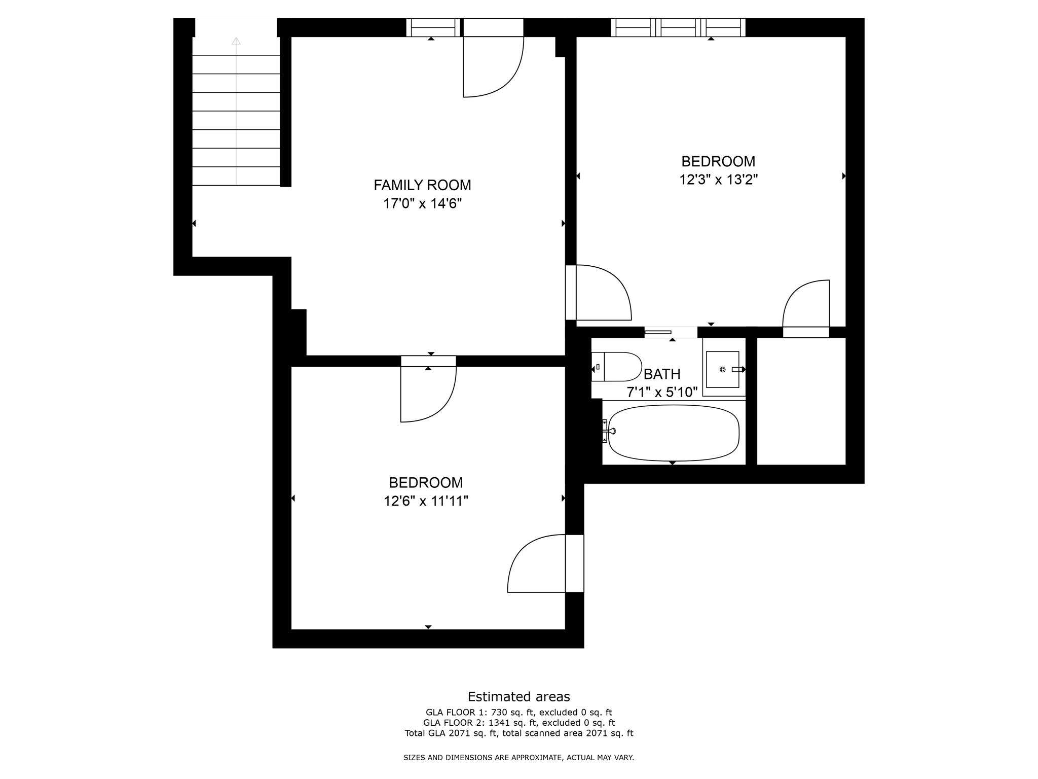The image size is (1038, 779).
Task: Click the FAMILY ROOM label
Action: (x=422, y=185)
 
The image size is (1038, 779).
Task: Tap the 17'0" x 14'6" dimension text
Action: (x=422, y=204)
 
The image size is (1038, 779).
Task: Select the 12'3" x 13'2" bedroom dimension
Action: (x=718, y=180)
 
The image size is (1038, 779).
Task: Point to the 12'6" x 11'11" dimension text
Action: (x=426, y=501)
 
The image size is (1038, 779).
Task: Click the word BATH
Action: (x=661, y=374)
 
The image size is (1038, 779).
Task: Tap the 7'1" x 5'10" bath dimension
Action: (x=662, y=392)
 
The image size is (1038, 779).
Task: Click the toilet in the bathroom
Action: (x=616, y=367)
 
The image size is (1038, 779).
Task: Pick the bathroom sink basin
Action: (x=723, y=370)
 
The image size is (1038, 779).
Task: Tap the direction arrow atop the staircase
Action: (x=236, y=41)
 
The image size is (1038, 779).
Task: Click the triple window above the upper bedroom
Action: (x=678, y=27)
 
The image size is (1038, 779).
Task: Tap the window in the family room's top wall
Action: (x=432, y=27)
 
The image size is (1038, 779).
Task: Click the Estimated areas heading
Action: (x=518, y=696)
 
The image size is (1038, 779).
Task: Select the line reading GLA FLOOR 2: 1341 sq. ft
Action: (x=518, y=723)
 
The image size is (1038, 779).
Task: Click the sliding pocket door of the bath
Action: (x=658, y=332)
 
